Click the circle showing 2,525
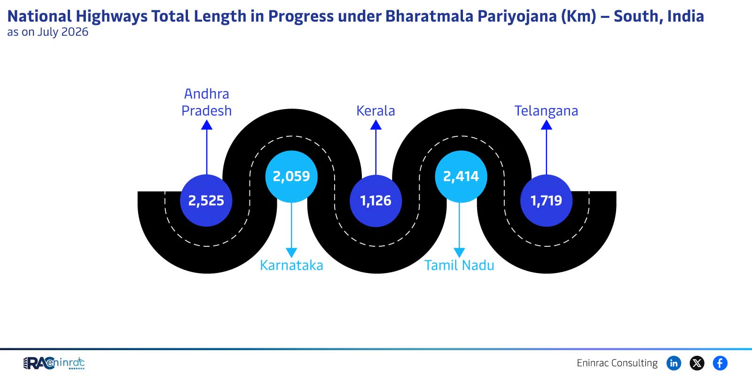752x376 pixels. point(206,200)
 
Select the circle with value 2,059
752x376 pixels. point(291,176)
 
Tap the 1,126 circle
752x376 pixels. point(376,201)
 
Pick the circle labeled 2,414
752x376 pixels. point(461,176)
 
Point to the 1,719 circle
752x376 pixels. point(547,200)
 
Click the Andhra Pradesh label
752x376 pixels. point(206,102)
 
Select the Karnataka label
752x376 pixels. point(291,265)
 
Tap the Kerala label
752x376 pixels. point(376,111)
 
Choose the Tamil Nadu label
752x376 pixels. point(459,265)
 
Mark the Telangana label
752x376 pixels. point(546,111)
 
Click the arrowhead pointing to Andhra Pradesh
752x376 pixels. point(207,125)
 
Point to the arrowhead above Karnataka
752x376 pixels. point(291,252)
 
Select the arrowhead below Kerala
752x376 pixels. point(376,125)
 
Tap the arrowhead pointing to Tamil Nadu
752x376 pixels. point(459,252)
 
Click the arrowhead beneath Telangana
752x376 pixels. point(547,125)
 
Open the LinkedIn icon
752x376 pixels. point(674,363)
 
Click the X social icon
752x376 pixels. point(697,363)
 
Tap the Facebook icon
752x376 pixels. point(720,363)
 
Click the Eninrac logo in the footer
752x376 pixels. point(54,363)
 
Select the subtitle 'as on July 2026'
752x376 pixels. point(47,32)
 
